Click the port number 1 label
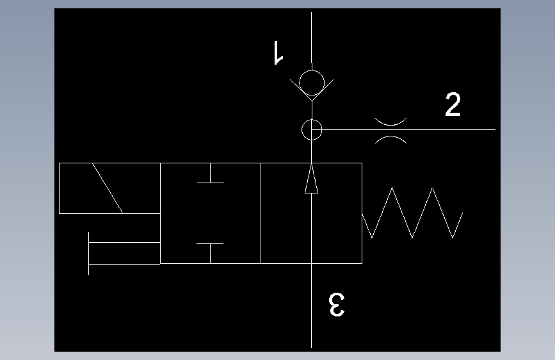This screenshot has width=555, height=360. [277, 53]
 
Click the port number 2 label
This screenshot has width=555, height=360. [453, 104]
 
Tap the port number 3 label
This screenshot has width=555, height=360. [337, 305]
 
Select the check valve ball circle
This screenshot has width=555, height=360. [311, 83]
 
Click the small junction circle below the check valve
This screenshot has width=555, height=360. [311, 129]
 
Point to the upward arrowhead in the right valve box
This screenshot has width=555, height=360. [311, 179]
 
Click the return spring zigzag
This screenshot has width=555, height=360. [412, 213]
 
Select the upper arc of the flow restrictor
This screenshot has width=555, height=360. [390, 120]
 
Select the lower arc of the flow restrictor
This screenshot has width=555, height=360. [390, 138]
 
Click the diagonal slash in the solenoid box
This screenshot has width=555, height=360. [108, 188]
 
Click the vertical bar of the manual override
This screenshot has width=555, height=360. [88, 253]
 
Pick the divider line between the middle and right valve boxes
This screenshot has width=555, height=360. [261, 213]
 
